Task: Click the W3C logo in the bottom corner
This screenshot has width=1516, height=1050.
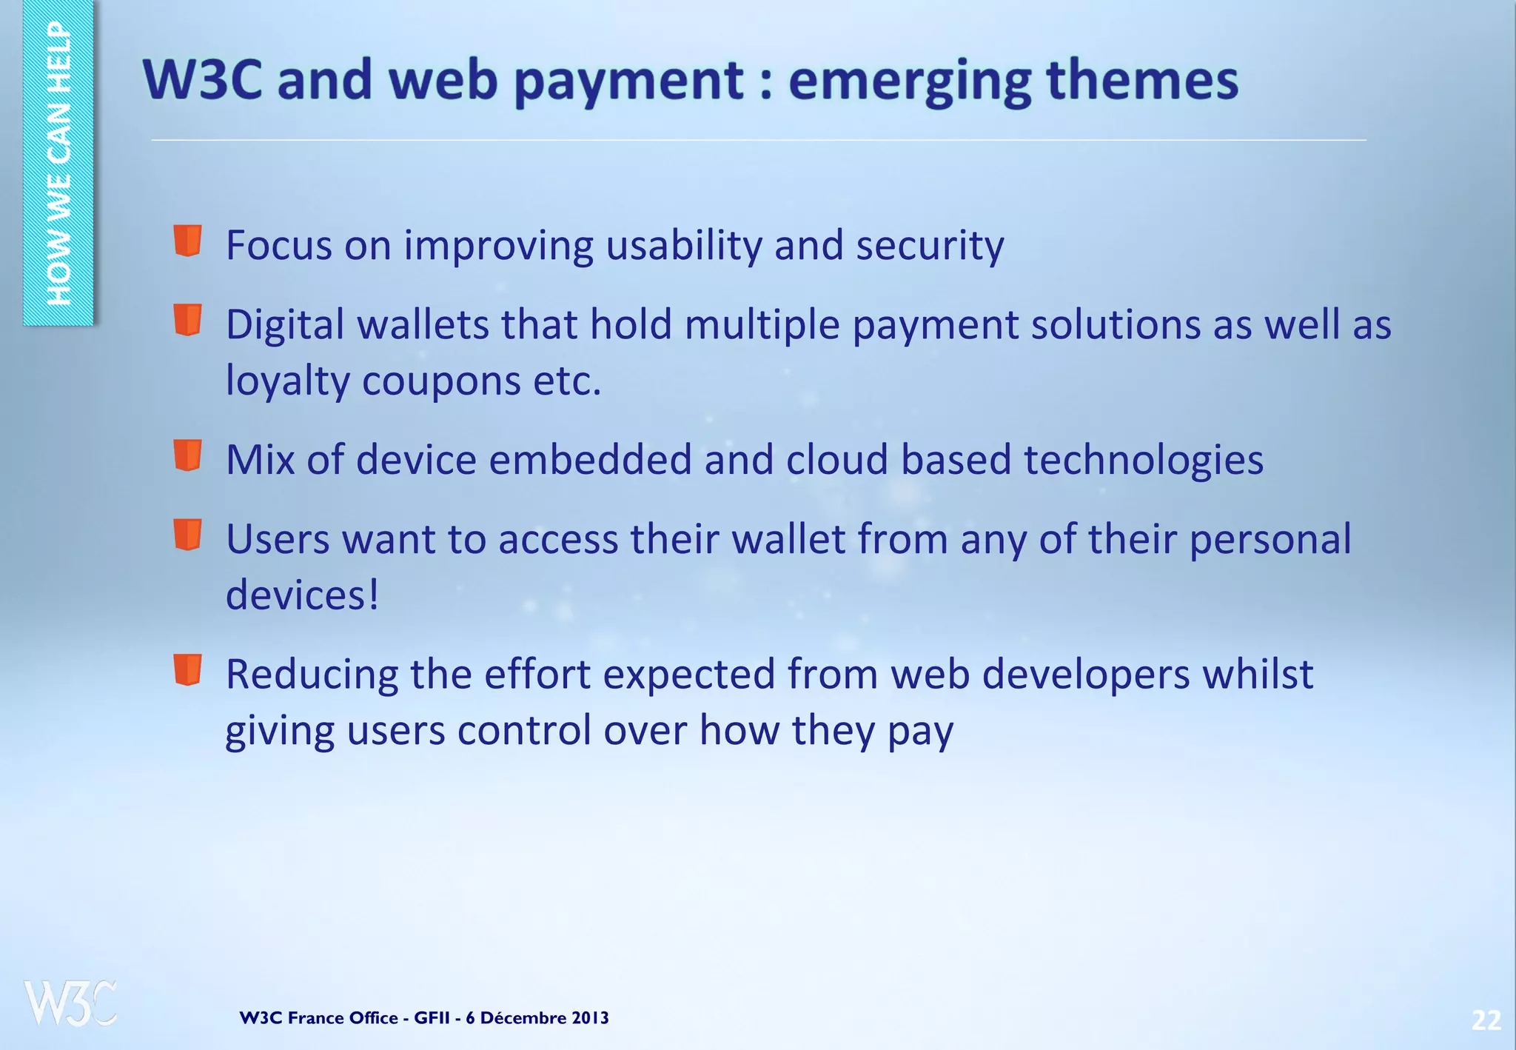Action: (x=70, y=1003)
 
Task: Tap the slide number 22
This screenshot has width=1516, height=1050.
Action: (x=1486, y=1020)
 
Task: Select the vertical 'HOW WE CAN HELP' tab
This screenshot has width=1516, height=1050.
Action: (x=58, y=163)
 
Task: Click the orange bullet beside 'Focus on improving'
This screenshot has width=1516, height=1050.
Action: (x=188, y=241)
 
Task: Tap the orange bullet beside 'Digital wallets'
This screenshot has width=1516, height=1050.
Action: (x=188, y=320)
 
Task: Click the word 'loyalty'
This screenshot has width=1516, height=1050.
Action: (x=287, y=382)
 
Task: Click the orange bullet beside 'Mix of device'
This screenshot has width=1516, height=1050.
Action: (x=188, y=455)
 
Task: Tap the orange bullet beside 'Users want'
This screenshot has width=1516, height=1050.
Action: (x=188, y=534)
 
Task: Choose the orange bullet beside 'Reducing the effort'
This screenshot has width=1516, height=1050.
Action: (x=188, y=669)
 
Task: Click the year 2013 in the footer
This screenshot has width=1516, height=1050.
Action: (x=590, y=1018)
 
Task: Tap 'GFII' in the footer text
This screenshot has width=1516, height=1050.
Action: (x=432, y=1018)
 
